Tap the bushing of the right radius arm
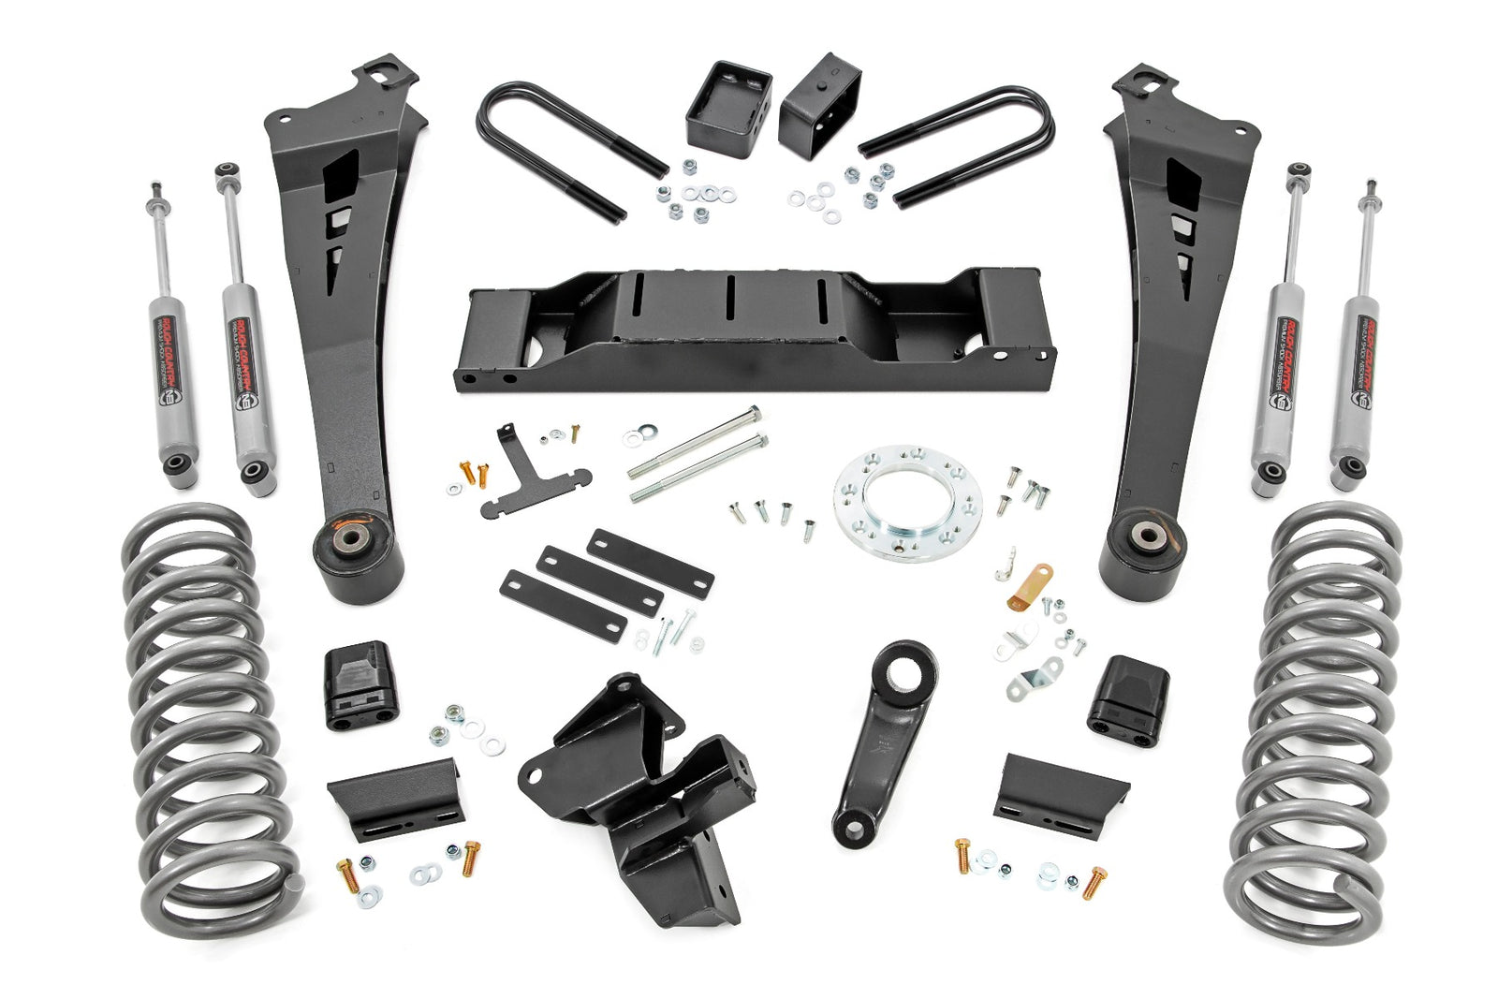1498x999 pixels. point(1146,538)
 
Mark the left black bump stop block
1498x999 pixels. point(360,683)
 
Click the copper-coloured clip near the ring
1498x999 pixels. point(1031,583)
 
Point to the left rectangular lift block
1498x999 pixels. point(727,103)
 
